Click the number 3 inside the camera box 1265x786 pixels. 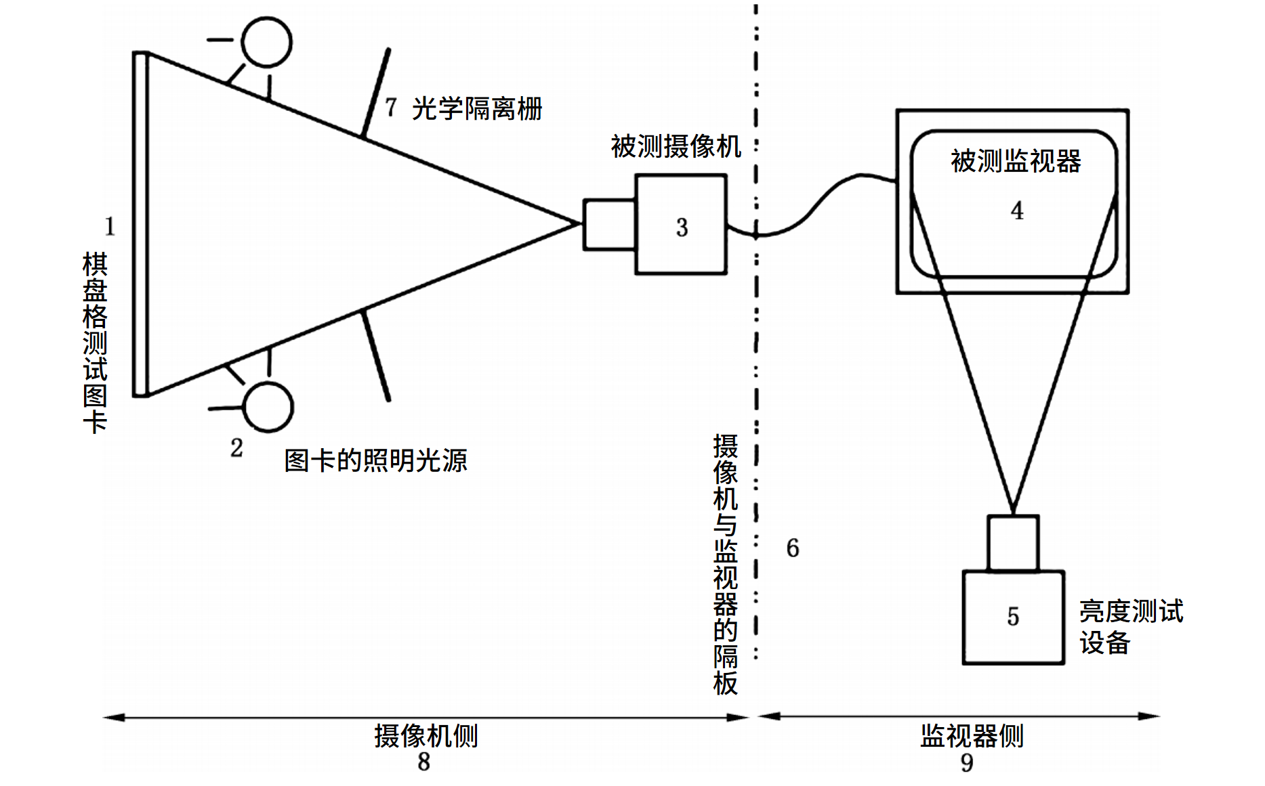tap(682, 227)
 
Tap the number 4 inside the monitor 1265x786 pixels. tap(1016, 211)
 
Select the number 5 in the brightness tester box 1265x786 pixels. tap(1013, 616)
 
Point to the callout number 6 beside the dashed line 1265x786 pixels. tap(792, 548)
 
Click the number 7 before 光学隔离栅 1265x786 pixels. tap(391, 107)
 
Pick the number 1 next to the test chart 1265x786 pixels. tap(110, 226)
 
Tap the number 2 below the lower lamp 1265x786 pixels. tap(236, 447)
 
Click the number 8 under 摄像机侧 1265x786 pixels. tap(423, 762)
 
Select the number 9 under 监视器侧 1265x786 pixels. tap(967, 763)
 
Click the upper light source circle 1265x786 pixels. tap(267, 42)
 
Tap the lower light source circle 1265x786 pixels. tap(268, 407)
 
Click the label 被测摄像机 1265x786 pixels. tap(676, 146)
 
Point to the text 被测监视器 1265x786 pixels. tap(1015, 161)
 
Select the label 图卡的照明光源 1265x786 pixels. tap(376, 460)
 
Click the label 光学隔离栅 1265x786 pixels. tap(477, 108)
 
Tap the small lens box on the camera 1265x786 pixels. tap(609, 224)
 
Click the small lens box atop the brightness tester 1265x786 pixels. tap(1013, 543)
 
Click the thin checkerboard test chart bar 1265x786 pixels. tap(140, 224)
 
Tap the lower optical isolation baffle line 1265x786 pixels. tap(377, 356)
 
